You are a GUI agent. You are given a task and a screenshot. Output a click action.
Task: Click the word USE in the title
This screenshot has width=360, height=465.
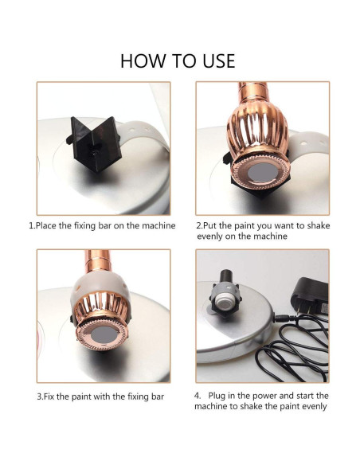point(219,61)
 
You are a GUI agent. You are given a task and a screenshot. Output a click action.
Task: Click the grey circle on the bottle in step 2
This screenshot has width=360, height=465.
point(263,173)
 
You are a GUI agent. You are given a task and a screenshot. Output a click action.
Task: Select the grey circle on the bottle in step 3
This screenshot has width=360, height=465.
point(103,334)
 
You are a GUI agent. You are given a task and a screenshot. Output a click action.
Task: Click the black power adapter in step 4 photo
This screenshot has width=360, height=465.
point(310,296)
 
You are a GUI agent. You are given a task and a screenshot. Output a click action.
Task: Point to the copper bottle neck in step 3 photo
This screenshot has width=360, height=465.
point(97,260)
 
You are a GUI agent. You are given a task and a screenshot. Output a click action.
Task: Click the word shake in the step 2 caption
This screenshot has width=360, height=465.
point(319,225)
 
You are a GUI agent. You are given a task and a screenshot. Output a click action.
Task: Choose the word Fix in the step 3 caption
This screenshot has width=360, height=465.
point(47,397)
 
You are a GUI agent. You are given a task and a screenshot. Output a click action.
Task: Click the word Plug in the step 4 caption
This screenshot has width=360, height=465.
point(217,396)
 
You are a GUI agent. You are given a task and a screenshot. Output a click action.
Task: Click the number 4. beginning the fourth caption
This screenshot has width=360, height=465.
point(198,396)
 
